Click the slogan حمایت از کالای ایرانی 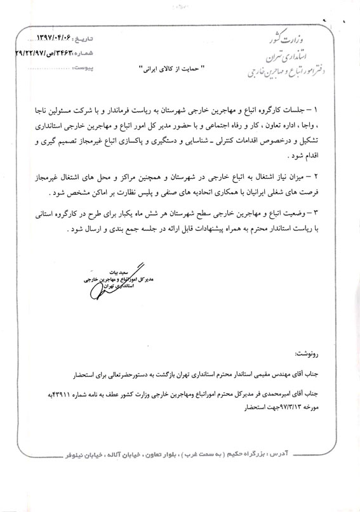pos(172,66)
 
